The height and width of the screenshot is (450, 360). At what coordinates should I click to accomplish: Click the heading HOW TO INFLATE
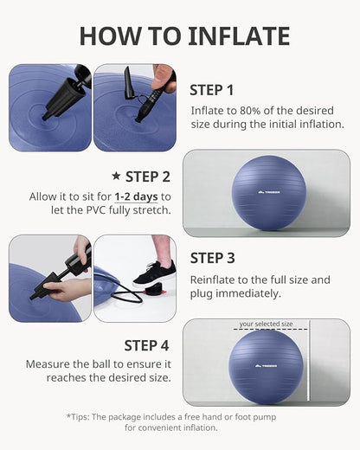pos(184,35)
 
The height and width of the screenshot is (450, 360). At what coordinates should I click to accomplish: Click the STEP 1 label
pos(212,89)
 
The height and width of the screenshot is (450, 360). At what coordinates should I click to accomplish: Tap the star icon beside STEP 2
pos(116,177)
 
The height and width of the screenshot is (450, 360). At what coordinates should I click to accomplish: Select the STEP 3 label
pos(212,257)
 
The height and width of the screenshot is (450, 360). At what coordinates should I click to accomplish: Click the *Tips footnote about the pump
pos(179,421)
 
